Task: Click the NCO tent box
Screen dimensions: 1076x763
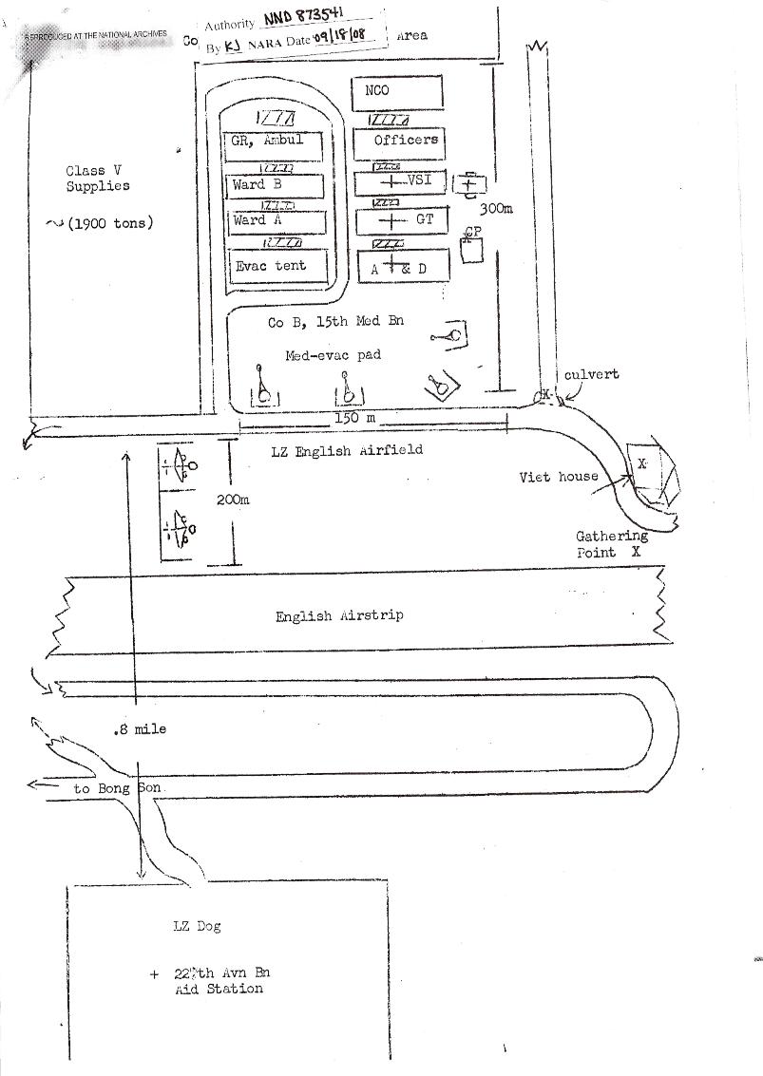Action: point(397,92)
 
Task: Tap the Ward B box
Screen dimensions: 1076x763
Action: point(275,185)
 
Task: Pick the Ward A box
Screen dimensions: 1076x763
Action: point(275,221)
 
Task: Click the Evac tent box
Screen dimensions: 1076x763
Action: point(277,265)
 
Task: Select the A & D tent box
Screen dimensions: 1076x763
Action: point(398,269)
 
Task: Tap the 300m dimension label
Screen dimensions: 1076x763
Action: point(496,208)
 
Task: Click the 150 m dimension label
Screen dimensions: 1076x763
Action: point(355,418)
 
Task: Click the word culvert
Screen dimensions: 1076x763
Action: point(591,374)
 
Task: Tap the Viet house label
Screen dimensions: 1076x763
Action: point(559,477)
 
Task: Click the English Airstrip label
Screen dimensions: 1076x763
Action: point(339,615)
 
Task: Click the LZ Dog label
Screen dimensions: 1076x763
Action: point(197,926)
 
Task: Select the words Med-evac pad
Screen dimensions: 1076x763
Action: point(334,355)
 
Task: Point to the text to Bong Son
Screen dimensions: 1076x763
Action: point(118,788)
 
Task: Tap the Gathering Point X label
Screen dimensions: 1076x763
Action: point(611,544)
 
